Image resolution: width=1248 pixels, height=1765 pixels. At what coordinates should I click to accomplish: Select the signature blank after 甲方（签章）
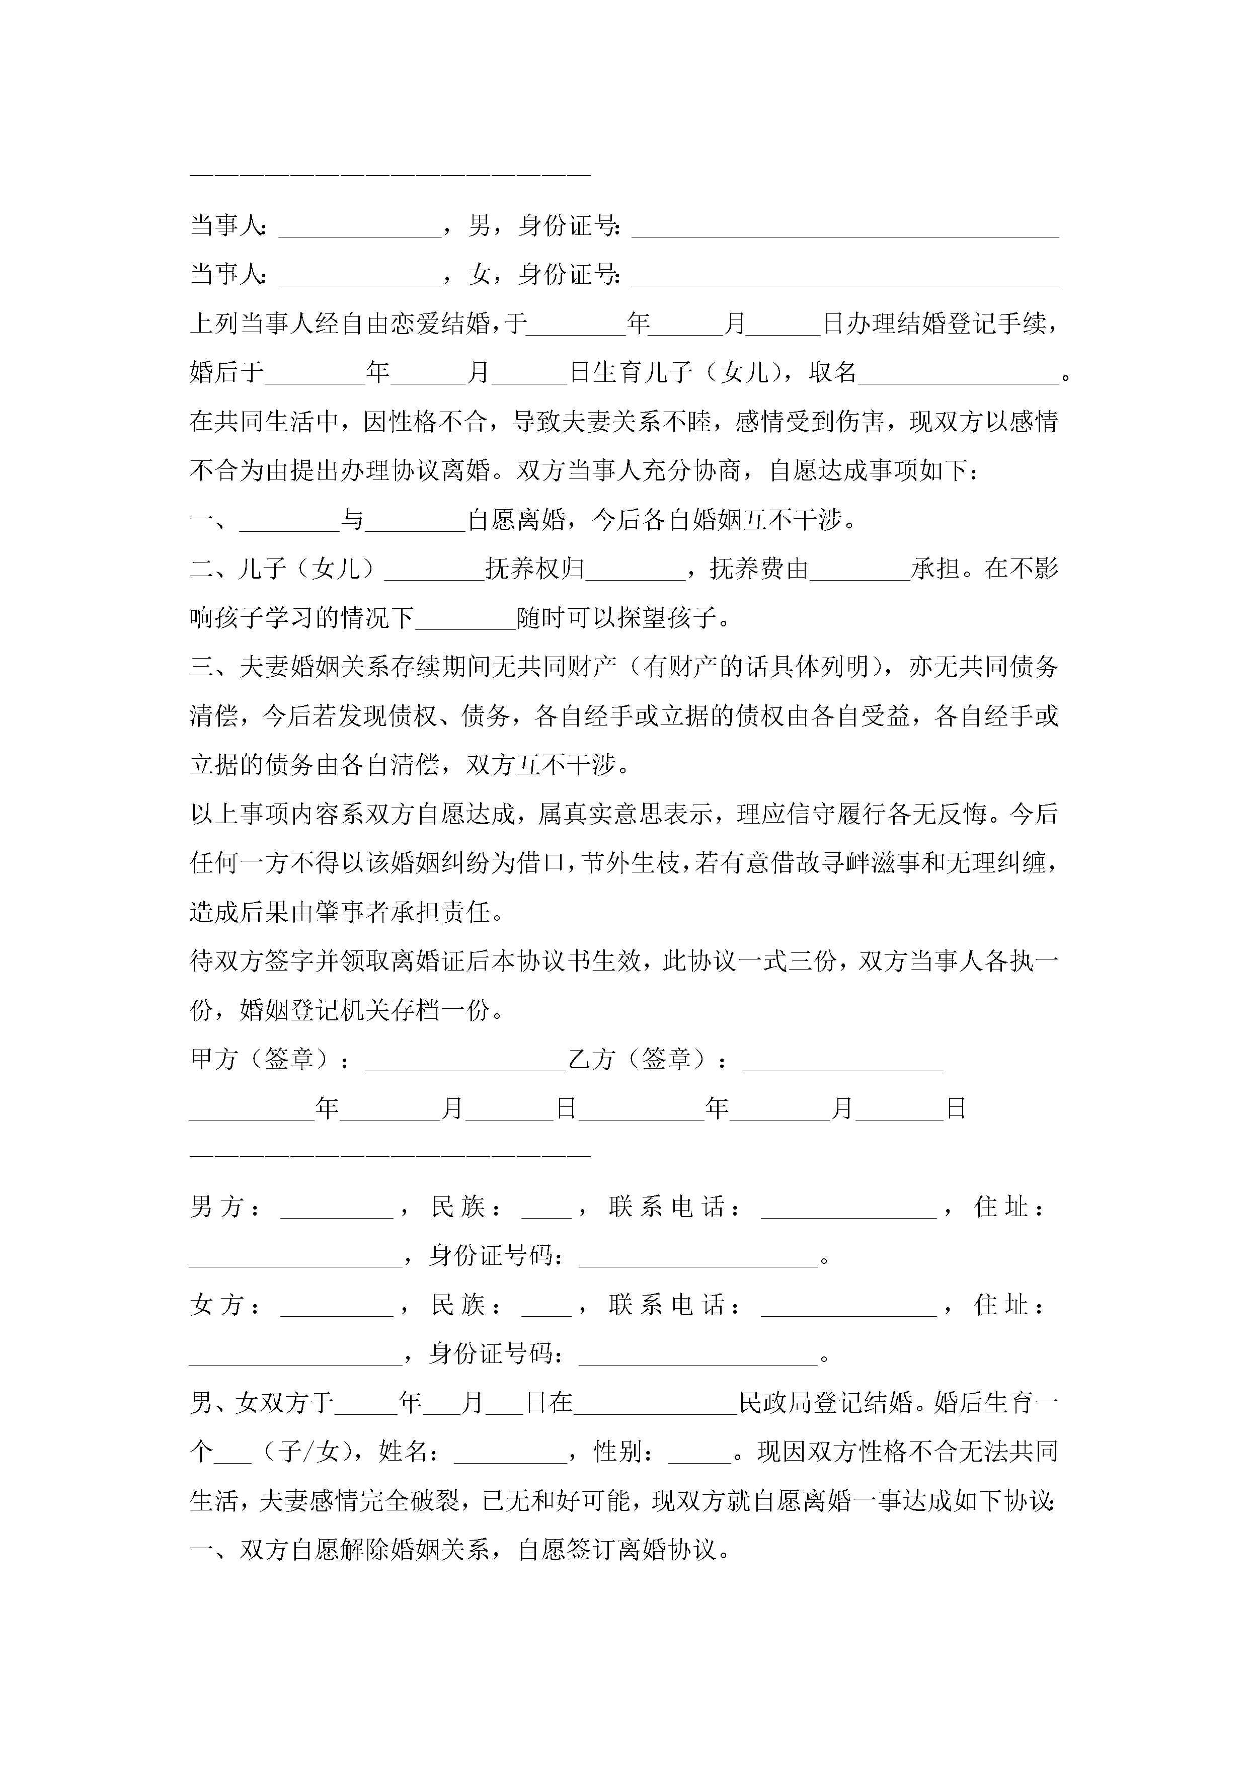click(465, 1063)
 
